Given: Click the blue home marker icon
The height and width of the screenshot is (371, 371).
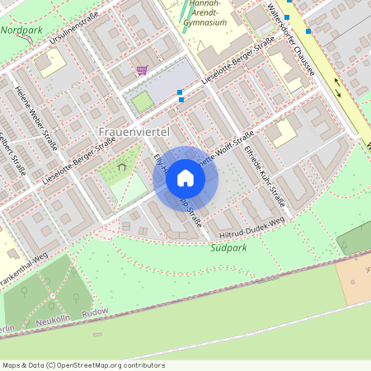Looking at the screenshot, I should [x=185, y=178].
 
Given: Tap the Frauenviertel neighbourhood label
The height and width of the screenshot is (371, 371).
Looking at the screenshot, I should [x=134, y=132].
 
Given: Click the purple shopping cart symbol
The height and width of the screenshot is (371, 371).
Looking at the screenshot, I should [x=143, y=72].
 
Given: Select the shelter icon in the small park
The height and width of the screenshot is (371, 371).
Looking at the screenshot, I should [x=122, y=167].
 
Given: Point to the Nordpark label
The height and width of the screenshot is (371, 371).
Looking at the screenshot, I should [x=21, y=30].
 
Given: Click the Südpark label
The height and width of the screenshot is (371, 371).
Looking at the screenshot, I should [x=228, y=247].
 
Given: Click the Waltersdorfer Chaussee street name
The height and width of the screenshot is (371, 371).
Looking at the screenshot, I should [x=280, y=37].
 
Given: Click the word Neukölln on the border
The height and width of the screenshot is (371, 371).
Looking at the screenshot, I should [x=54, y=319].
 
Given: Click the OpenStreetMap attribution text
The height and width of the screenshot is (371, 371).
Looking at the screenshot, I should [x=82, y=364].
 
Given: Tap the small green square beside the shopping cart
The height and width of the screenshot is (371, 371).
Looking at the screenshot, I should [x=143, y=102].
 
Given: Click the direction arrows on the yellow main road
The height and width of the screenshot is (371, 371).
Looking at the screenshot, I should [x=338, y=85].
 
